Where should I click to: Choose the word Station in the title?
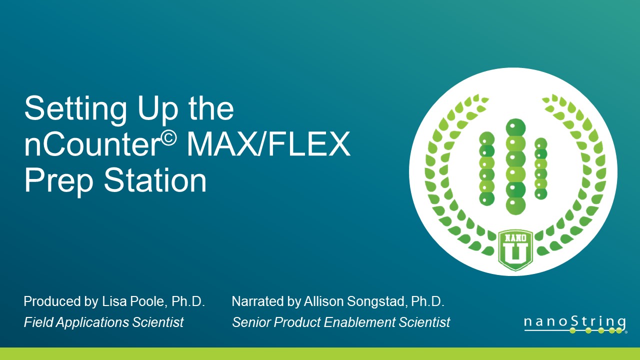(x=155, y=180)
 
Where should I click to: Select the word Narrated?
(x=255, y=302)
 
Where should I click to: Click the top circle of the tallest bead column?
(x=515, y=128)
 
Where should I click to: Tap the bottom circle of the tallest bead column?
(x=515, y=204)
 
